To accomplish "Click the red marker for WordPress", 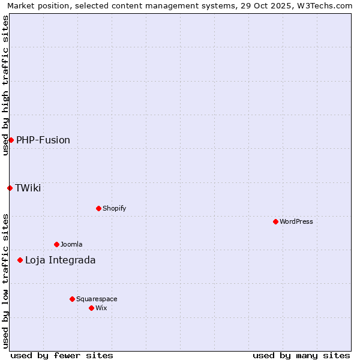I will point(275,221).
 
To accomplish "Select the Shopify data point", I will point(98,208).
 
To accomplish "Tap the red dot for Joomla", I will point(56,244).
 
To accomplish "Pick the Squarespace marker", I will point(72,299).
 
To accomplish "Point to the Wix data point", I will point(91,308).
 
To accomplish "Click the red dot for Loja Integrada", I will point(20,260).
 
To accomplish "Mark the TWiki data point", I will point(10,188).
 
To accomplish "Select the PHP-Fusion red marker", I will point(11,140).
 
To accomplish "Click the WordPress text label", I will point(296,221).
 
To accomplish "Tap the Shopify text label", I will point(115,208).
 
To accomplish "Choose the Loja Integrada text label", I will point(60,260).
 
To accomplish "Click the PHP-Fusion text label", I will point(43,140).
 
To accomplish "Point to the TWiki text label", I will point(28,188).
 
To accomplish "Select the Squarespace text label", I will point(97,299).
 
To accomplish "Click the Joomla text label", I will point(71,244).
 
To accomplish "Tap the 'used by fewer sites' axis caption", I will point(62,355).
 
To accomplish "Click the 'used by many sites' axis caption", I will point(301,355).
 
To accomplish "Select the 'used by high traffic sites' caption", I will point(5,85).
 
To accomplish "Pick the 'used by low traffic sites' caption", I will point(5,281).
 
